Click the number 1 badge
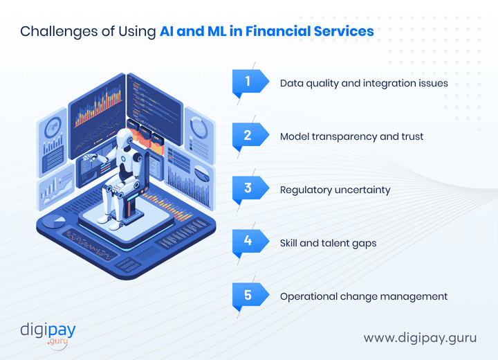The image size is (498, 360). coord(248,82)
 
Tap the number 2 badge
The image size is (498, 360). coord(248,135)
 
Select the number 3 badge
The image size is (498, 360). coord(248,188)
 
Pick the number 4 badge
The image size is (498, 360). coord(248,242)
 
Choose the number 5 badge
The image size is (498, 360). coord(248,295)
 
